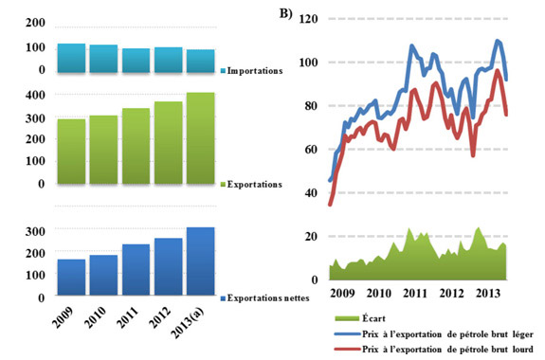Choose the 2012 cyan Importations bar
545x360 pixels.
pyautogui.click(x=168, y=59)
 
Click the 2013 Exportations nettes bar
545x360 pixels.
pyautogui.click(x=201, y=261)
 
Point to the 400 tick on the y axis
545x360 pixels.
pyautogui.click(x=35, y=95)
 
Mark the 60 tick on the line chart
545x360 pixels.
pyautogui.click(x=312, y=149)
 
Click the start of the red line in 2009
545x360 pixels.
pyautogui.click(x=330, y=204)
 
